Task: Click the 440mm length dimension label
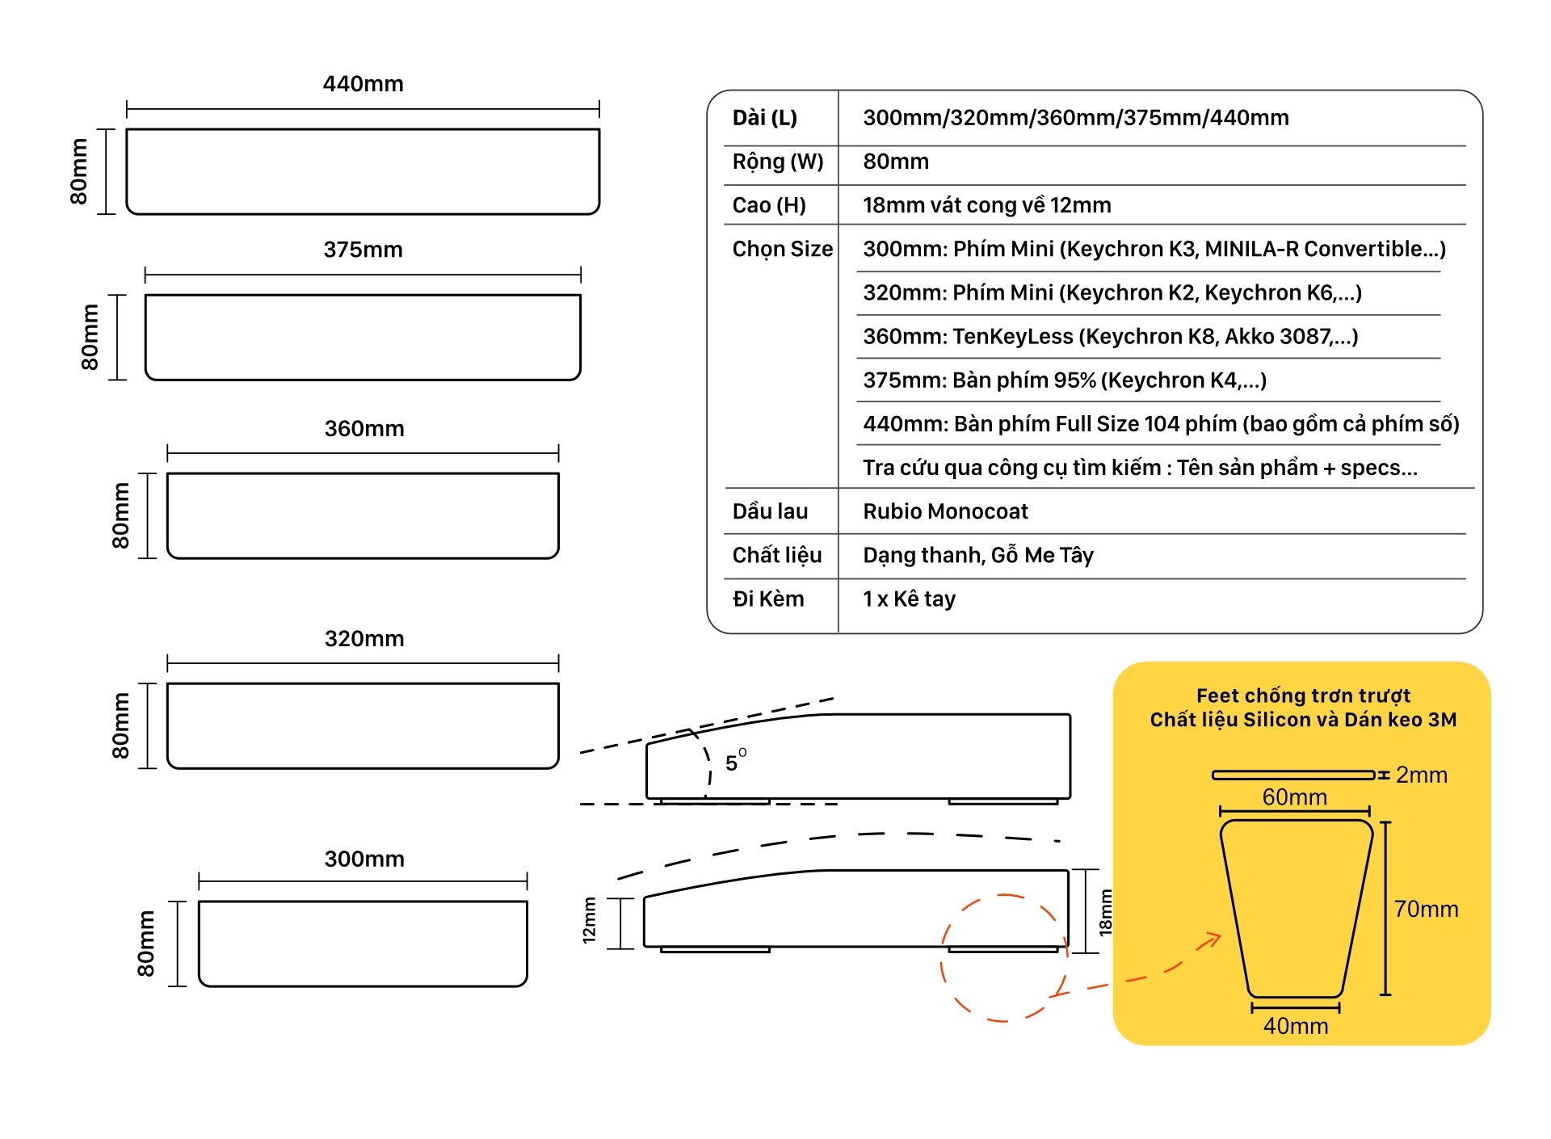click(363, 84)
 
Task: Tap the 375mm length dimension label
click(363, 250)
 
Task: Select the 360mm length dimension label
click(364, 429)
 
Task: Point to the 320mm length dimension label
click(364, 639)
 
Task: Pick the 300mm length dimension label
click(364, 859)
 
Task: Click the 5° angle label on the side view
click(734, 762)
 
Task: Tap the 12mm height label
click(589, 920)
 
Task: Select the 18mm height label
click(1105, 913)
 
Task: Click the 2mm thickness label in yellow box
click(1421, 775)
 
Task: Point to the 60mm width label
click(1294, 797)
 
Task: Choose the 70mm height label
click(1426, 910)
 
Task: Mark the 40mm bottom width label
click(1295, 1026)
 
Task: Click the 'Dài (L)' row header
click(764, 118)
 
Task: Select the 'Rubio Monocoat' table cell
click(945, 511)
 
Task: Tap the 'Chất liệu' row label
click(776, 555)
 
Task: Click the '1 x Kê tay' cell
click(909, 599)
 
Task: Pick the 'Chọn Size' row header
click(782, 249)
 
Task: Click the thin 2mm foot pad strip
click(1292, 775)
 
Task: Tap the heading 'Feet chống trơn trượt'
click(1303, 696)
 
